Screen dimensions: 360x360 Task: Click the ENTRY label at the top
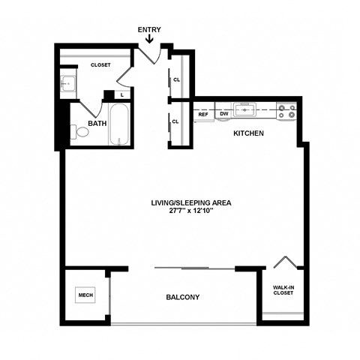click(149, 30)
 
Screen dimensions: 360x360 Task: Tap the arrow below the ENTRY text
click(149, 40)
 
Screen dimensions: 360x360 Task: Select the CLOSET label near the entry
click(100, 65)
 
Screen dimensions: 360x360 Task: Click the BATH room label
click(97, 122)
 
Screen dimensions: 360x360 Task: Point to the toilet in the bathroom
click(80, 133)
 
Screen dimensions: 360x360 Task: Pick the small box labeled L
click(121, 94)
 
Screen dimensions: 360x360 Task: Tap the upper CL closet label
click(176, 79)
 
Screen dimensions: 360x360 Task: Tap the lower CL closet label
click(175, 121)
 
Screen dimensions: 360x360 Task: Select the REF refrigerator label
click(203, 114)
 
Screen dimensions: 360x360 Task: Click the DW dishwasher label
click(223, 114)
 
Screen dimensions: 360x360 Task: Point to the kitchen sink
click(245, 112)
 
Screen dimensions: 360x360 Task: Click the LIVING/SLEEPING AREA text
click(181, 202)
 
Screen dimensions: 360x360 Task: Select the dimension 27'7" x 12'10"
click(181, 211)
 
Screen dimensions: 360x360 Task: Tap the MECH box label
click(85, 295)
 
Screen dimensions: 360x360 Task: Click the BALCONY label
click(183, 297)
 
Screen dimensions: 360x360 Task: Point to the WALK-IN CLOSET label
click(283, 289)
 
